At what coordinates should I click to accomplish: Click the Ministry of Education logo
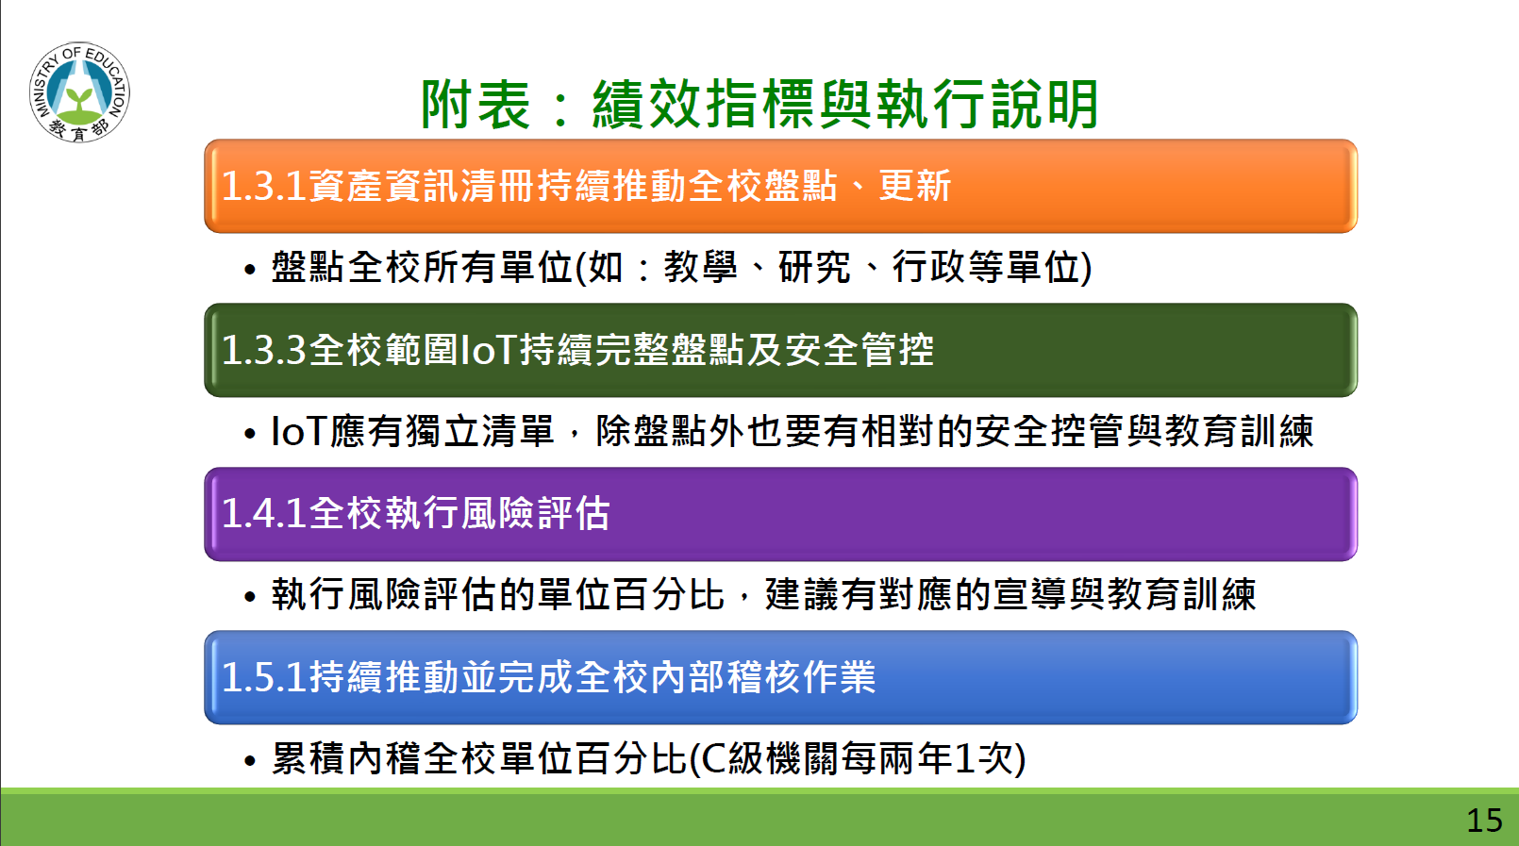click(79, 91)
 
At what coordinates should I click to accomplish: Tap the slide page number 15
click(1484, 821)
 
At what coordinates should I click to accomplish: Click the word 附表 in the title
click(475, 105)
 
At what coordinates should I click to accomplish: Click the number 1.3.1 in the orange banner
click(264, 186)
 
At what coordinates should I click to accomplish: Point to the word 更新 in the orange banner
click(915, 186)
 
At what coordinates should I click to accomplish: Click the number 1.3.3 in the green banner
click(264, 350)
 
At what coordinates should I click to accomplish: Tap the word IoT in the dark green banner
click(489, 350)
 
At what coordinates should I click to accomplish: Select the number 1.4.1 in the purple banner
click(264, 513)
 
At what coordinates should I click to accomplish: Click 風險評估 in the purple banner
click(536, 513)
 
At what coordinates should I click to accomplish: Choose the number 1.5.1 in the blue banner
click(264, 677)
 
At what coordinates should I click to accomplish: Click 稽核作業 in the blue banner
click(801, 677)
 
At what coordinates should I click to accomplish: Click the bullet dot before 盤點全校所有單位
click(250, 270)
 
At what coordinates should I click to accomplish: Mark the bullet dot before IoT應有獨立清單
click(250, 434)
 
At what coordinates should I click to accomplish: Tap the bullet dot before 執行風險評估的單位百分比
click(250, 597)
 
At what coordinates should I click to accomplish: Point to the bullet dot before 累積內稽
click(250, 761)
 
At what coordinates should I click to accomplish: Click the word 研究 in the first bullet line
click(813, 266)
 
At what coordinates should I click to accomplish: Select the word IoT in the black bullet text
click(299, 431)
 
